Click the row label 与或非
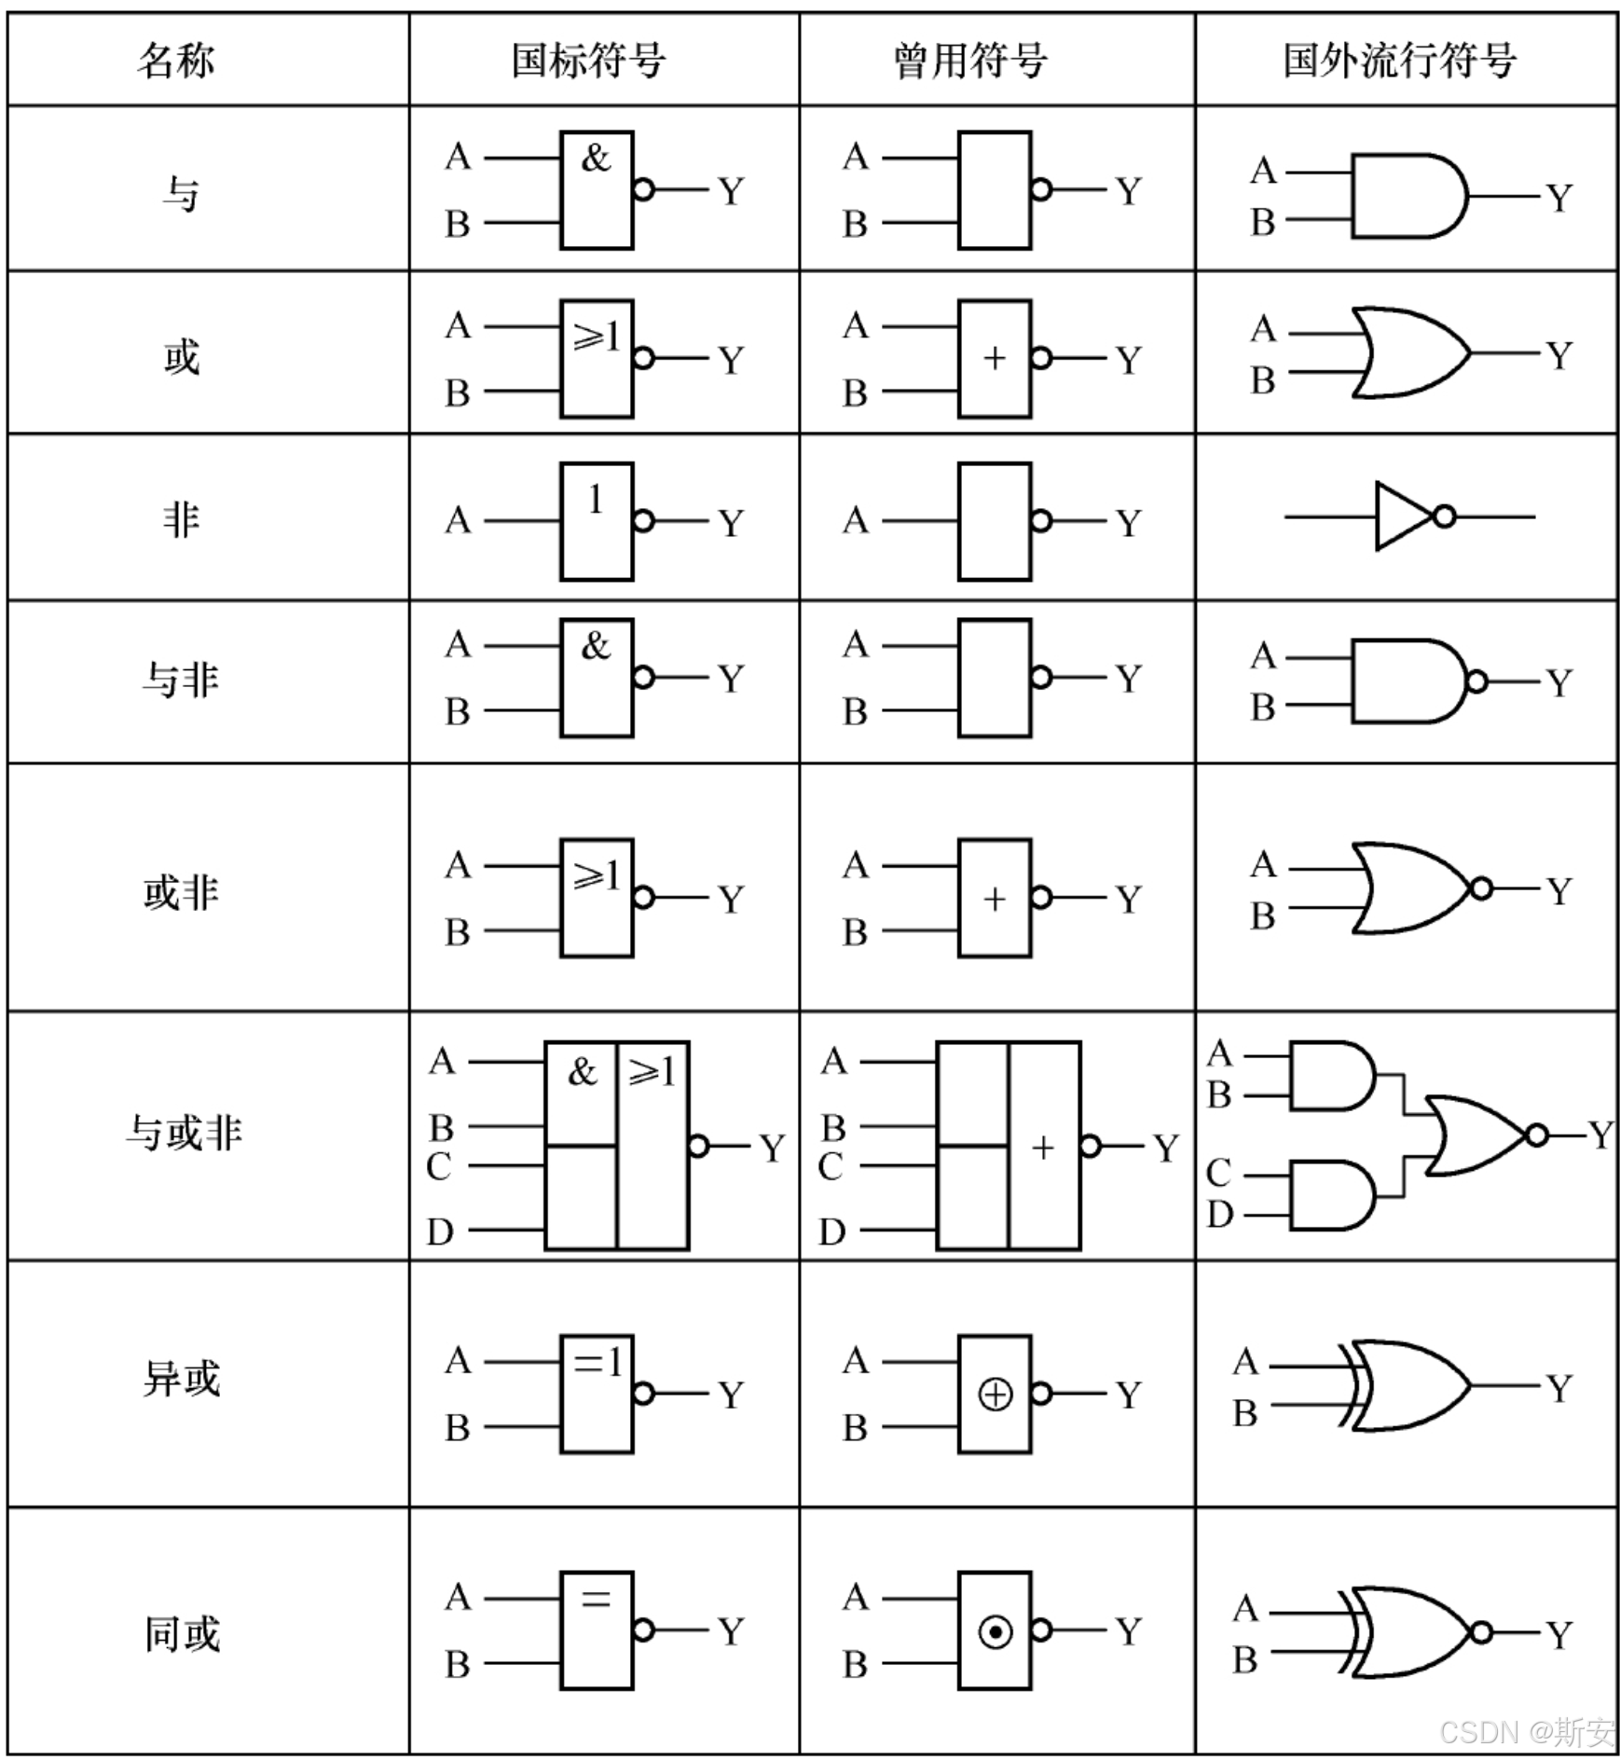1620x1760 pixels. [184, 1134]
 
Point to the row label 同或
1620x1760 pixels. [182, 1634]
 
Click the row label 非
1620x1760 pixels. [181, 518]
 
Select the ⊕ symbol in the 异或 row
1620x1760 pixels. [995, 1395]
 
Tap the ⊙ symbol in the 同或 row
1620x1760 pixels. [995, 1632]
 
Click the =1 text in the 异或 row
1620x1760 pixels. [597, 1363]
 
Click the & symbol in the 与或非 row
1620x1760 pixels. [582, 1072]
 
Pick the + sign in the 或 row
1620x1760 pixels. [995, 359]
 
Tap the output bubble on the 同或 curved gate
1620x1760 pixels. [1480, 1632]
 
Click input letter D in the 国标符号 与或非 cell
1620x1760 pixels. [440, 1232]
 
